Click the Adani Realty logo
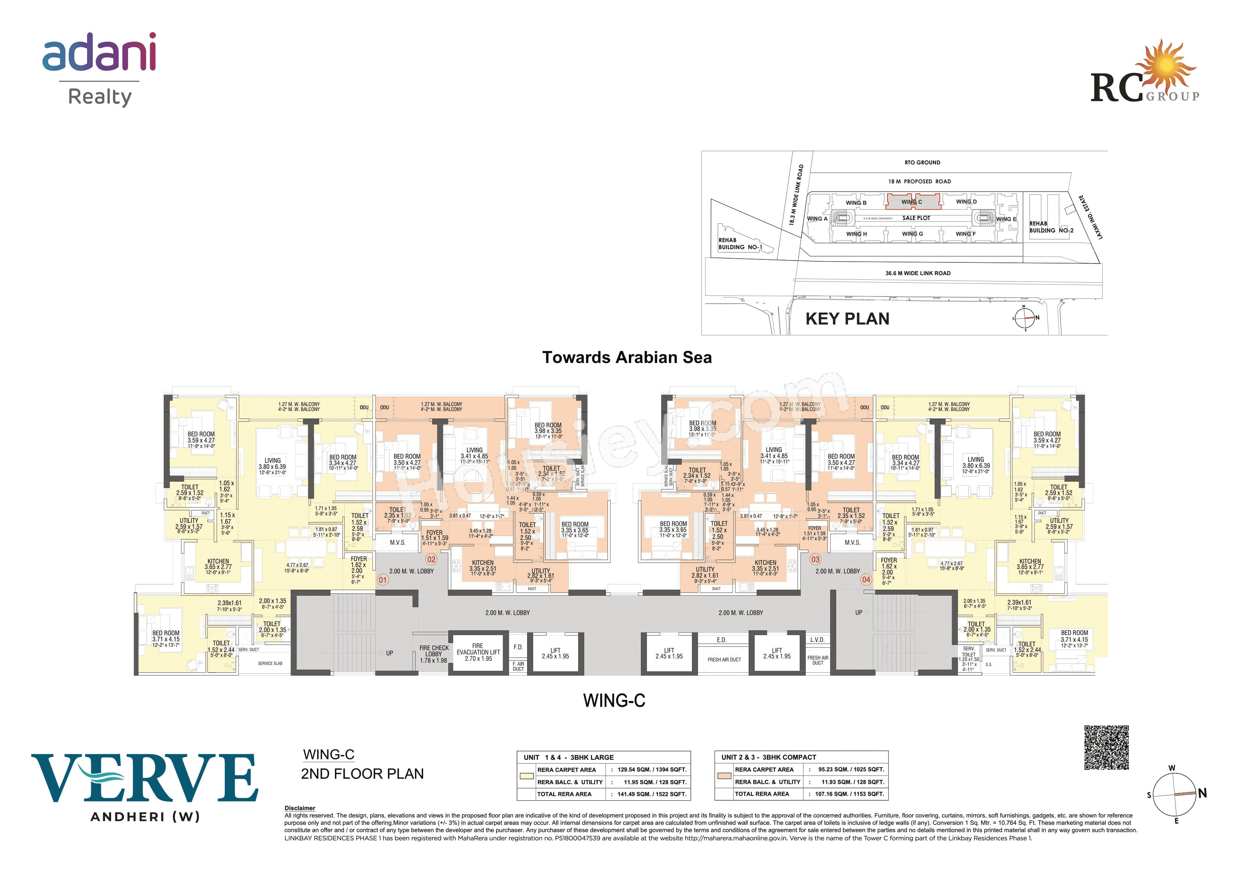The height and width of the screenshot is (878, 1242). [x=99, y=69]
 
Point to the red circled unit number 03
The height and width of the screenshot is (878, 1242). [x=815, y=559]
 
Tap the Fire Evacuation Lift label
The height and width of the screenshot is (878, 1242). [x=478, y=652]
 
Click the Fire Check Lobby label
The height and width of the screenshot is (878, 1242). [x=434, y=654]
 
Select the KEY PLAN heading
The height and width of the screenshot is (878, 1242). [x=847, y=319]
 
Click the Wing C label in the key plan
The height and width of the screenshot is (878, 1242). [x=912, y=202]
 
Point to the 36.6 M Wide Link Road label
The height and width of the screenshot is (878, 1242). [x=918, y=273]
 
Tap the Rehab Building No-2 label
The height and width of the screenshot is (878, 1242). [x=1051, y=227]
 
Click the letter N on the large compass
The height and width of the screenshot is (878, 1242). [x=1202, y=793]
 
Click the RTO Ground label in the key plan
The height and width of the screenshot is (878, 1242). [x=922, y=162]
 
